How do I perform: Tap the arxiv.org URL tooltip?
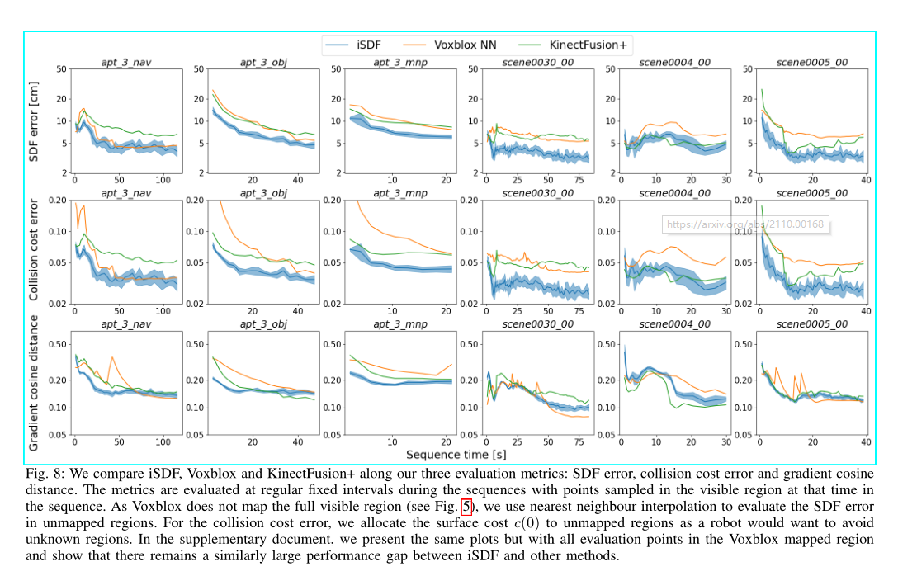tap(744, 224)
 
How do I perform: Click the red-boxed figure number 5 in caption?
tap(466, 508)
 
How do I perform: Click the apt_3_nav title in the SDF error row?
tap(125, 62)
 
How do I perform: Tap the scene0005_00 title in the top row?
tap(814, 62)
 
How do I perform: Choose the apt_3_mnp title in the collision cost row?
tap(401, 193)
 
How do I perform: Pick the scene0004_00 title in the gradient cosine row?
tap(675, 324)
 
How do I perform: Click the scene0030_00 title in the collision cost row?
tap(537, 193)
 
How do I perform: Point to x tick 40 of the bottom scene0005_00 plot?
tap(865, 443)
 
